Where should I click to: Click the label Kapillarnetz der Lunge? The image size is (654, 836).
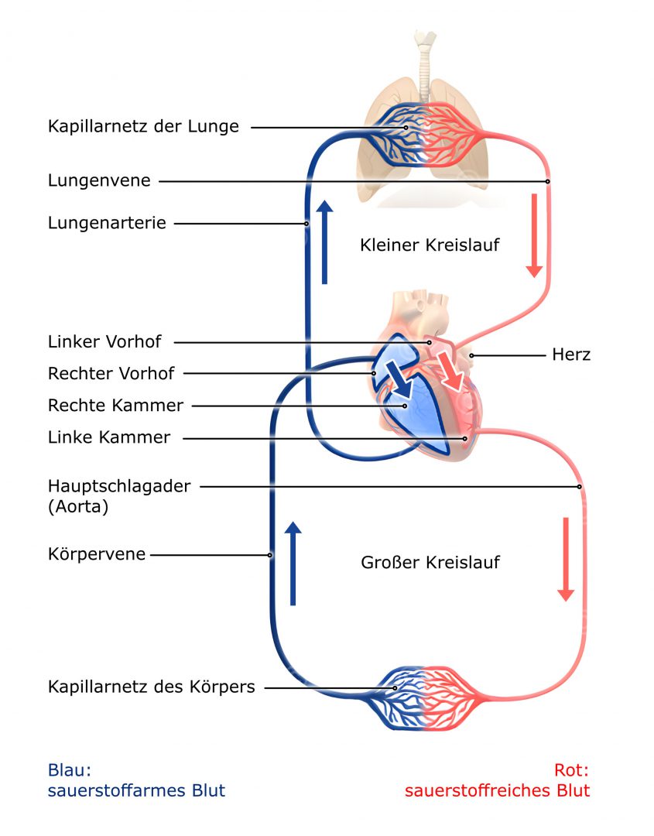click(143, 126)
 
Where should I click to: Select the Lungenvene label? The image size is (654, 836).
click(99, 180)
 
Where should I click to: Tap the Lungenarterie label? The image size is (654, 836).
click(107, 223)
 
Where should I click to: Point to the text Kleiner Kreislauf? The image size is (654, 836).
click(430, 245)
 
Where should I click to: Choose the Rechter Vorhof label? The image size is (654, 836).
click(111, 373)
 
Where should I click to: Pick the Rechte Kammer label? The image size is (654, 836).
click(115, 405)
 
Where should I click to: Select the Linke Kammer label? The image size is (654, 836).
click(108, 437)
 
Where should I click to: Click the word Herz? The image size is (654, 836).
click(571, 355)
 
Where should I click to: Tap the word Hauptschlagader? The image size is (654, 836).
click(118, 486)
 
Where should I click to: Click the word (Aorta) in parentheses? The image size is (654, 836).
click(78, 507)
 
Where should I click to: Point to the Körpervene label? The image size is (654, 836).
click(97, 554)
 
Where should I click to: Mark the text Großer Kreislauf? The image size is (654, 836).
click(430, 562)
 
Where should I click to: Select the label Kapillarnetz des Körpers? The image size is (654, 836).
click(151, 687)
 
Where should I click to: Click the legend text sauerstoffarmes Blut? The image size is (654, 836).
click(136, 790)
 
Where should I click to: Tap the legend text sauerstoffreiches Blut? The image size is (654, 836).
click(497, 790)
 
